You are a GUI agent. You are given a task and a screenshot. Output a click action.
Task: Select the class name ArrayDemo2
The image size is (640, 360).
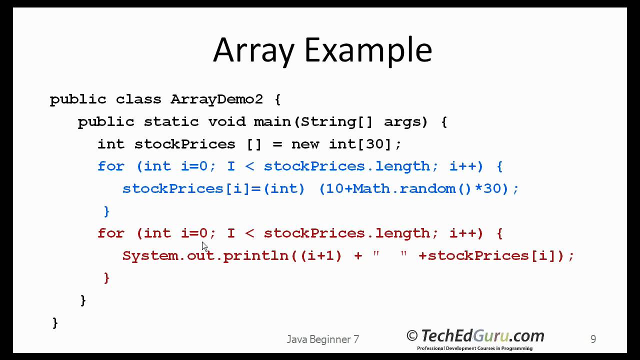pos(216,99)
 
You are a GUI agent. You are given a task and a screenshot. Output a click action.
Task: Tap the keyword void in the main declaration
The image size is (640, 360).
pos(226,121)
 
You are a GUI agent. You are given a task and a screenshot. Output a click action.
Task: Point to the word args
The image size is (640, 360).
pos(405,121)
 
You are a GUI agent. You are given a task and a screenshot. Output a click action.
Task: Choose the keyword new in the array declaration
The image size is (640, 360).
pos(305,144)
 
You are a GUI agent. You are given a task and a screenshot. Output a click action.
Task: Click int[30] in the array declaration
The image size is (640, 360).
pos(365,144)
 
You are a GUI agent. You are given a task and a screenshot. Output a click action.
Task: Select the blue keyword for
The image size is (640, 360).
pos(110,166)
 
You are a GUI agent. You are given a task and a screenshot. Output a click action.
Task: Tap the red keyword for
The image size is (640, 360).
pos(110,233)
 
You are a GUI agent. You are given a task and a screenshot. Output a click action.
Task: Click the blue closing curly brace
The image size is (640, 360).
pos(106,211)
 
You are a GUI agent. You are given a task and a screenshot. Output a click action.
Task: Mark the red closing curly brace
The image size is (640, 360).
pos(106,278)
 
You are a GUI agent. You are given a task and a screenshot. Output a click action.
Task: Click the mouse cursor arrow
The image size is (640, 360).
pos(204,246)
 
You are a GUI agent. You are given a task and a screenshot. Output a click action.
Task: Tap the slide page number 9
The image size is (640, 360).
pos(593,339)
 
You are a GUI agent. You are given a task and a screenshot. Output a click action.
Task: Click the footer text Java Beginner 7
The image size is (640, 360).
pos(323,339)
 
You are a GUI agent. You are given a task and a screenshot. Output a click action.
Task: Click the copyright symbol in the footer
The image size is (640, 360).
pos(412,335)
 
